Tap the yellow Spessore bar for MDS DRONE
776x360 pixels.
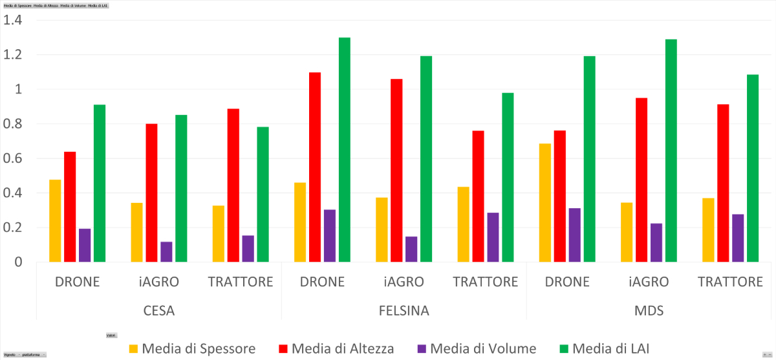click(x=545, y=203)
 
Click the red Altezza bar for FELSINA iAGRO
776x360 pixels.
click(x=396, y=171)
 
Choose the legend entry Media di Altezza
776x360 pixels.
click(x=336, y=349)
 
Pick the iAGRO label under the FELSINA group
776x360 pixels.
click(x=404, y=282)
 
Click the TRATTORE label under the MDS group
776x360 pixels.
click(x=731, y=282)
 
